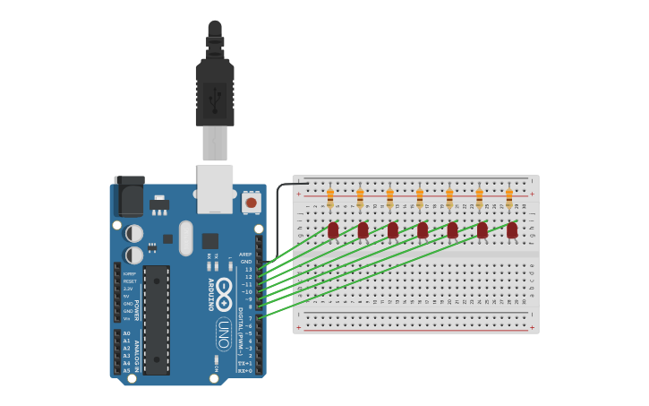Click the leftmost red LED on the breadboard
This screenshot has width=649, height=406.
pos(333,230)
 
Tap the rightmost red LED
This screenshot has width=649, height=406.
pos(512,230)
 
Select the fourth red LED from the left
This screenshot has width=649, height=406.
pos(423,230)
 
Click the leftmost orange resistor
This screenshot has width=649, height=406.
pos(330,197)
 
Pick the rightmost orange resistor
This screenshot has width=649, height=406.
pos(509,197)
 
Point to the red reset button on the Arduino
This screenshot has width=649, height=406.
pos(252,203)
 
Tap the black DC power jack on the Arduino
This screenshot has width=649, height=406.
pos(131,196)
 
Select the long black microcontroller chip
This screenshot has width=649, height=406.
pos(157,319)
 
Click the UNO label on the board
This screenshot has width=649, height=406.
pos(224,334)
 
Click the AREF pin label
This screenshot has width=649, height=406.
pos(245,255)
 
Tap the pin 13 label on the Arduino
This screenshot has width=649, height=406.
pos(248,269)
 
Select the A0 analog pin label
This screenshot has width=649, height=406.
pos(126,333)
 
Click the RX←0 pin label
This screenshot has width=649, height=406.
pos(244,370)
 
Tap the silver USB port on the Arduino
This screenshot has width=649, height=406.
pos(216,188)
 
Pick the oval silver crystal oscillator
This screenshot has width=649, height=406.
pos(185,238)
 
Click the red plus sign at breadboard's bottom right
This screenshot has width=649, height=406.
pos(533,328)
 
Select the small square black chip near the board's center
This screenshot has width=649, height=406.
pos(210,240)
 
